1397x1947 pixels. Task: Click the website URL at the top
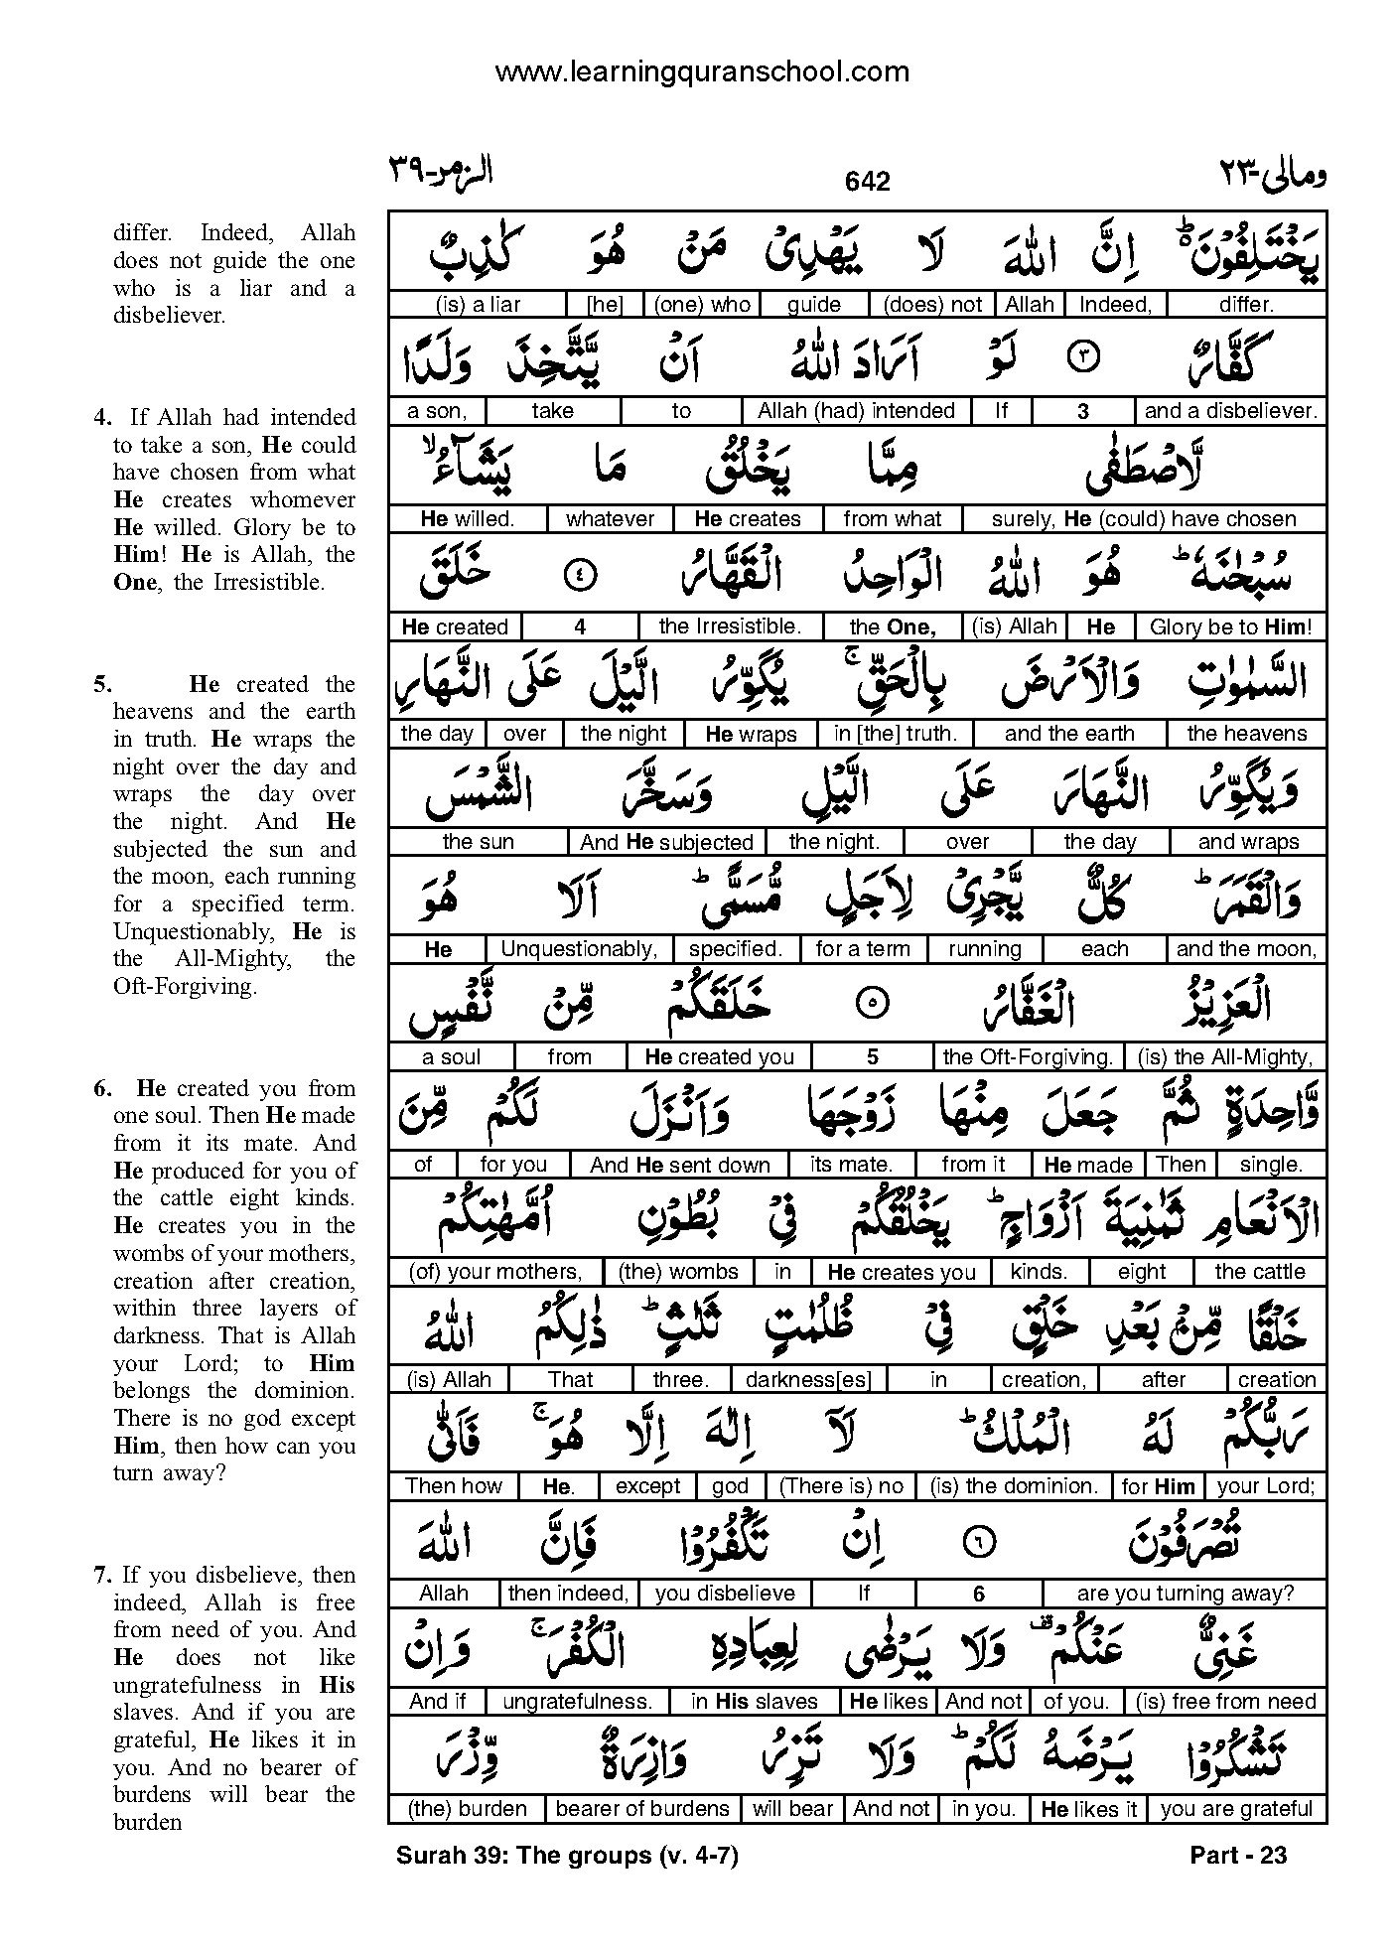coord(701,71)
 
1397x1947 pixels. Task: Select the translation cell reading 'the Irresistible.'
coord(729,626)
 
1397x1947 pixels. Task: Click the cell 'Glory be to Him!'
coord(1230,626)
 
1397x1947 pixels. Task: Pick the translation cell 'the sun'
coord(479,842)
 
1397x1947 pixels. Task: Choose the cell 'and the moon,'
coord(1246,949)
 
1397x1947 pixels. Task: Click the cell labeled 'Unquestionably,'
coord(579,949)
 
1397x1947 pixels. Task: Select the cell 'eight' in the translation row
coord(1142,1272)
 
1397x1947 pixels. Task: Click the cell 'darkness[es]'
coord(808,1379)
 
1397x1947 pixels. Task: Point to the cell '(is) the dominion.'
coord(1014,1486)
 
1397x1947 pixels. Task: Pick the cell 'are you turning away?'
coord(1186,1594)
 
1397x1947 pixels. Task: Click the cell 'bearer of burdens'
coord(642,1809)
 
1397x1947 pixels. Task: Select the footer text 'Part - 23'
coord(1237,1855)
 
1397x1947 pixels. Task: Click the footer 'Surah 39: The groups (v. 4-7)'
coord(567,1855)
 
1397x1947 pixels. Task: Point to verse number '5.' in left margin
coord(103,684)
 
